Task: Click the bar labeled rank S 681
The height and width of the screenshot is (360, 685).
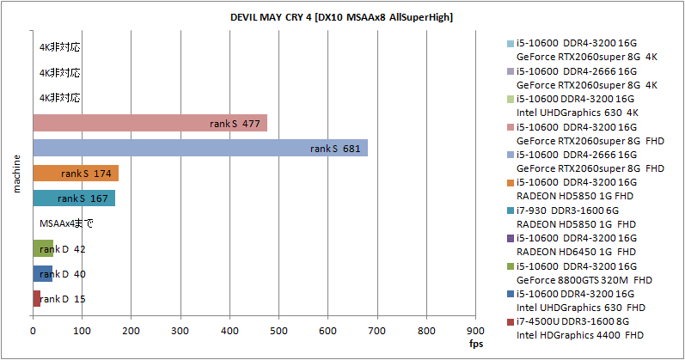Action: [199, 149]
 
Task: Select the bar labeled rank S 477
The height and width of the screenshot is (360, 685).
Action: [150, 124]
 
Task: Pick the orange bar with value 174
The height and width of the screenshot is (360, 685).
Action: [75, 174]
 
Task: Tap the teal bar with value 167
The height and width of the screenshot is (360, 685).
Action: [73, 198]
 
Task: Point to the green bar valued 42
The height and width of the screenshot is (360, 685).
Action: [43, 249]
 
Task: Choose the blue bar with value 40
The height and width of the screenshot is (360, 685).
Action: [42, 274]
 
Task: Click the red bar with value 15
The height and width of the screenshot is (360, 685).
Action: [36, 299]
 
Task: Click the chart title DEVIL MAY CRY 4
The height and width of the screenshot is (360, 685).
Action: [342, 17]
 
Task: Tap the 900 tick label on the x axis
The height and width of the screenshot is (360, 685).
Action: [474, 329]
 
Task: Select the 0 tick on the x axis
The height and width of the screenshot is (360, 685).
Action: [33, 329]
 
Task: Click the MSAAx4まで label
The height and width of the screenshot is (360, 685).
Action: [67, 224]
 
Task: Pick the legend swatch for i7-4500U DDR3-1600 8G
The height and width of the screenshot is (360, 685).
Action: [511, 321]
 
